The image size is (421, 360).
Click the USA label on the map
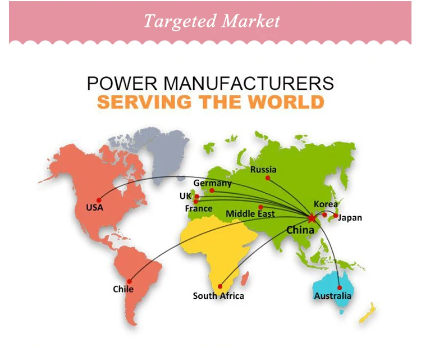point(94,207)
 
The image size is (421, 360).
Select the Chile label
point(123,289)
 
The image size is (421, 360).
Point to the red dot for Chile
point(130,281)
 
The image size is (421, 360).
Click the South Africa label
point(218,295)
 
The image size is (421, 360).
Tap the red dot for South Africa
point(221,285)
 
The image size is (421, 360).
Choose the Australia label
point(333,295)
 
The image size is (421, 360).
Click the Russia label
point(263,169)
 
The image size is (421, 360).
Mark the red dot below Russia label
point(268,178)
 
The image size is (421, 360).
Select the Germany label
point(212,183)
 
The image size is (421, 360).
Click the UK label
point(185,196)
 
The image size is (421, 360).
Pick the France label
point(199,208)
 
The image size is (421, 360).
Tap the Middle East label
point(250,214)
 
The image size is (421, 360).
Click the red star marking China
point(312,217)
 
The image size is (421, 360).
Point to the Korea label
point(326,204)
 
